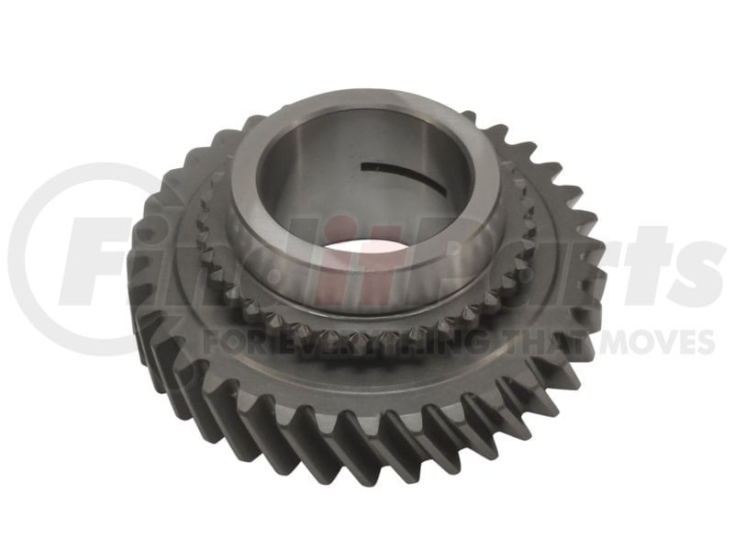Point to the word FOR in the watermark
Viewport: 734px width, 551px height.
point(238,340)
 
